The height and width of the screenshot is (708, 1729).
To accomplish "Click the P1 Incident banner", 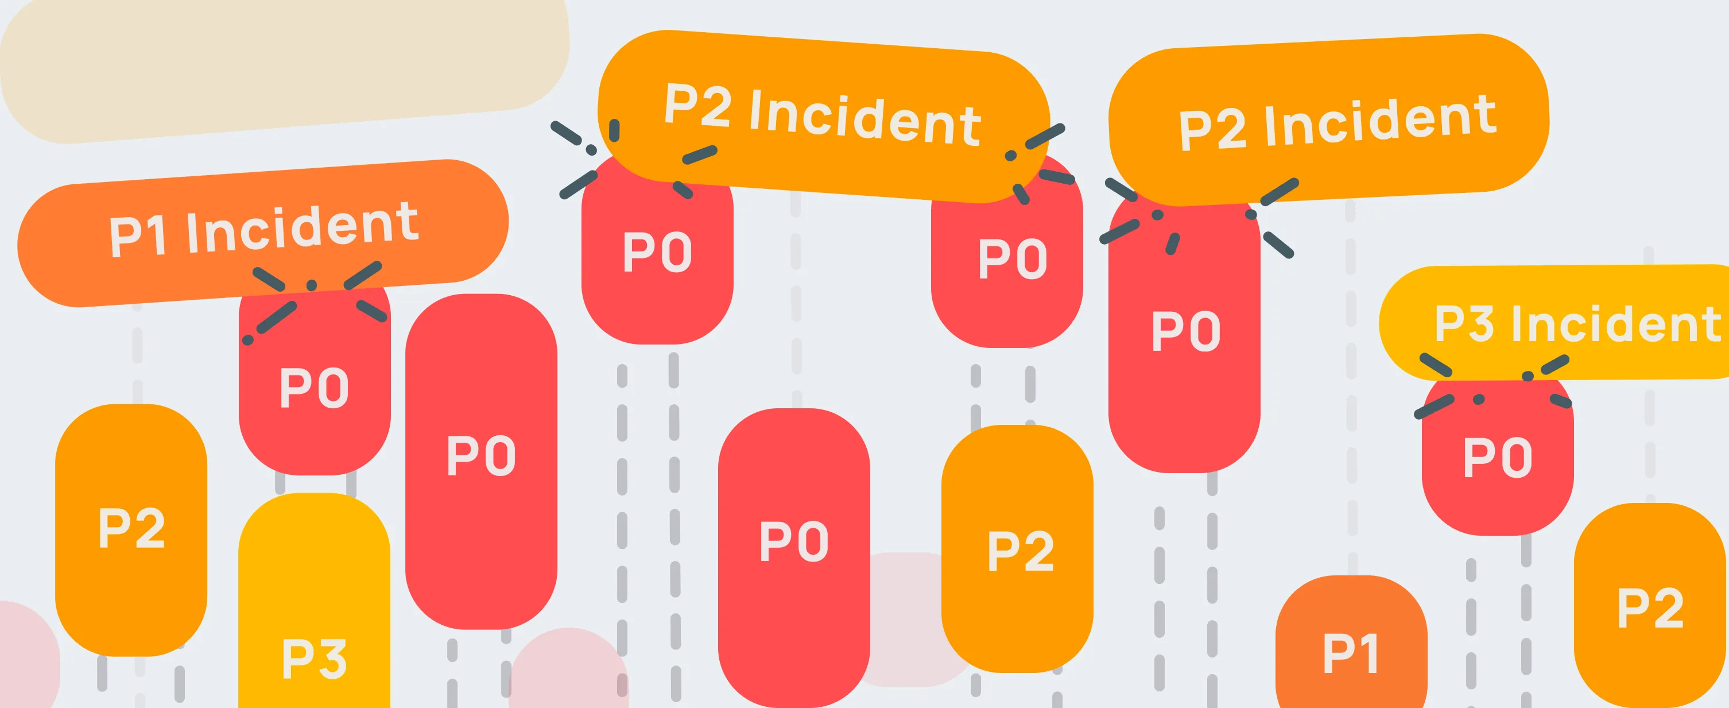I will [x=262, y=231].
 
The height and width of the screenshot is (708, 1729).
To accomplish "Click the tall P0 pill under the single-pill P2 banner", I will [x=1185, y=335].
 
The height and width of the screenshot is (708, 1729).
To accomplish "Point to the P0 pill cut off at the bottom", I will [x=793, y=557].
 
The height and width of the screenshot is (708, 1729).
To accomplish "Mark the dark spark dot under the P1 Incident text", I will [x=312, y=286].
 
